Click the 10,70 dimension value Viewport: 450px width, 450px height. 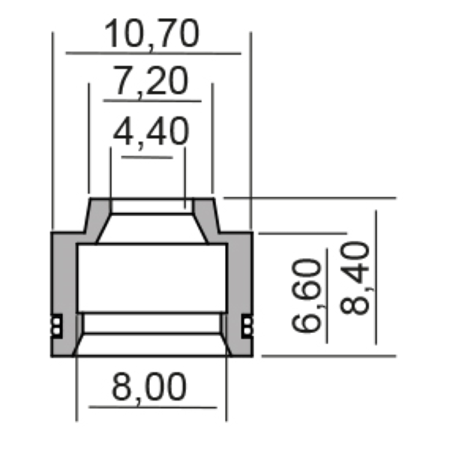(x=152, y=34)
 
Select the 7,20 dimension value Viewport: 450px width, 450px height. (x=151, y=82)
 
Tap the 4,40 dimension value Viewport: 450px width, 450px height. (x=150, y=133)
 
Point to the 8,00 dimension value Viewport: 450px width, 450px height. (x=149, y=388)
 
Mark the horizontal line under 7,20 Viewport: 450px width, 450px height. (x=153, y=100)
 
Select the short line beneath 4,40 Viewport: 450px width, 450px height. (x=148, y=156)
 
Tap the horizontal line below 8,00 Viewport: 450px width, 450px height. (x=153, y=407)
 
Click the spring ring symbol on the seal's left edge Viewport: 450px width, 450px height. (x=55, y=324)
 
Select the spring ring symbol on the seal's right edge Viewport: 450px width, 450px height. (x=248, y=324)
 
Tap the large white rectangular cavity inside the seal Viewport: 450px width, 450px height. (x=151, y=277)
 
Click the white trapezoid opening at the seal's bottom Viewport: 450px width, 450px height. (x=151, y=344)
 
